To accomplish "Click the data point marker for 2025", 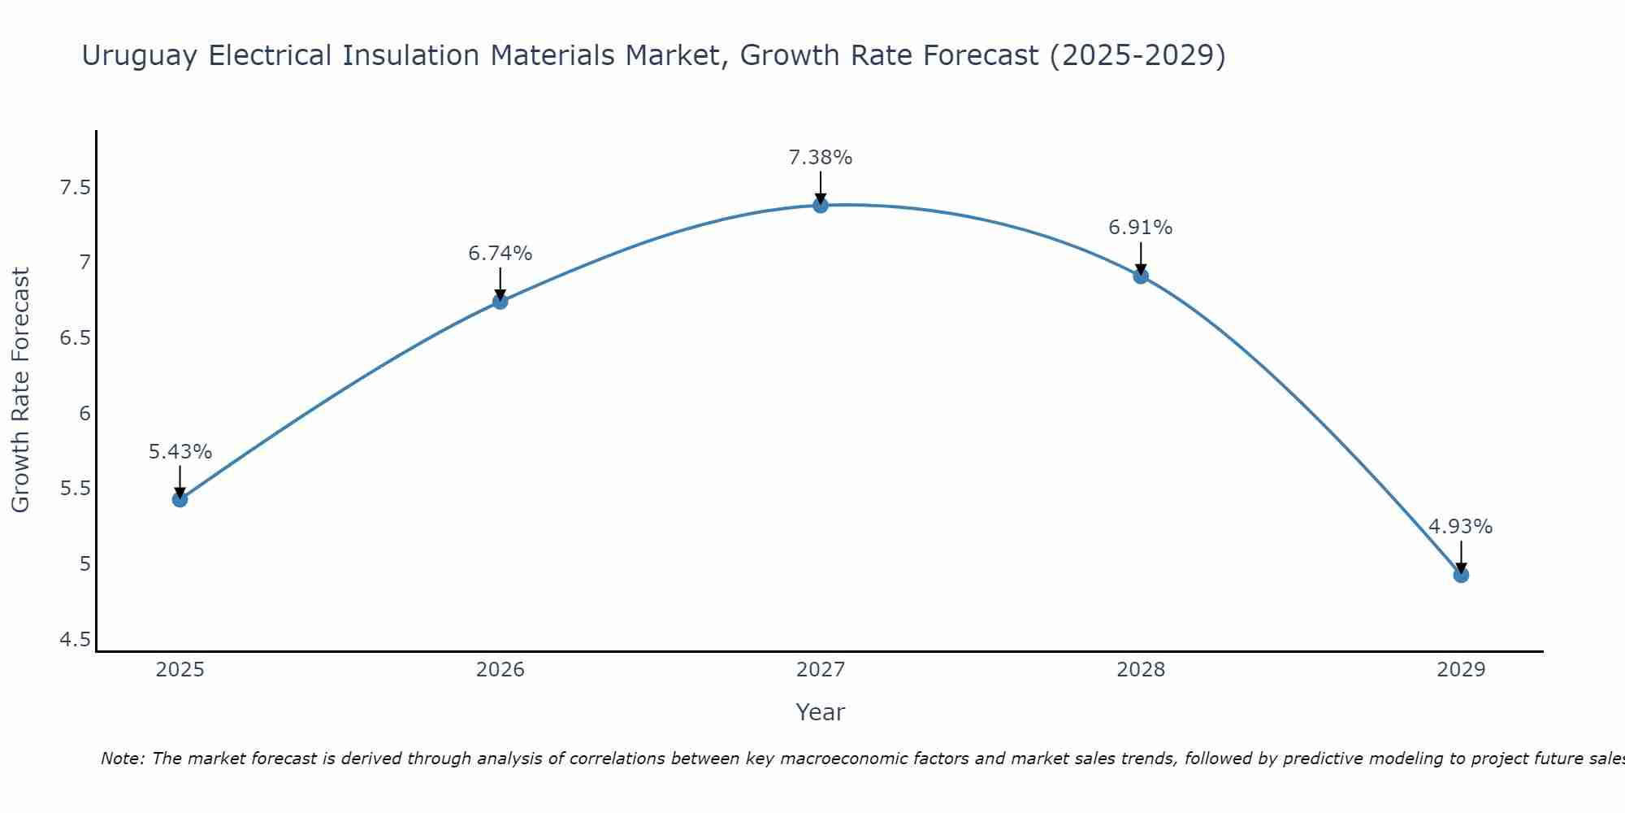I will (x=180, y=499).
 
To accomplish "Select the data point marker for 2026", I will (x=500, y=302).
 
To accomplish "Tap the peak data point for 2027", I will (x=821, y=205).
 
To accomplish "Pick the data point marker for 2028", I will (x=1141, y=276).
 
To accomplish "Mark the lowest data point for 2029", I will (x=1461, y=576).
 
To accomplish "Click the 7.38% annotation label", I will (x=821, y=158).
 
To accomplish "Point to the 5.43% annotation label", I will (x=180, y=452).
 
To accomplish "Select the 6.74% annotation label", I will (x=500, y=254).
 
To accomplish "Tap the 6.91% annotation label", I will (x=1141, y=228).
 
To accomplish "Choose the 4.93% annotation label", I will (x=1461, y=527).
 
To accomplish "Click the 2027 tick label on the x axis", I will (x=821, y=670).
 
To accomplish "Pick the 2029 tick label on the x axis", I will (x=1461, y=670).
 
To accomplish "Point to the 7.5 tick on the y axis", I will (x=75, y=188).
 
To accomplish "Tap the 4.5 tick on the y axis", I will (x=75, y=640).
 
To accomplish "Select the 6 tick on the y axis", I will (x=84, y=414).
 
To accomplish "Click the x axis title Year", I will (x=821, y=712).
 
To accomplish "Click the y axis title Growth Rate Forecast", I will (x=21, y=390).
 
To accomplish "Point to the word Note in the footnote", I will (x=122, y=759).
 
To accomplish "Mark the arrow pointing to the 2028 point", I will (x=1141, y=259).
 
